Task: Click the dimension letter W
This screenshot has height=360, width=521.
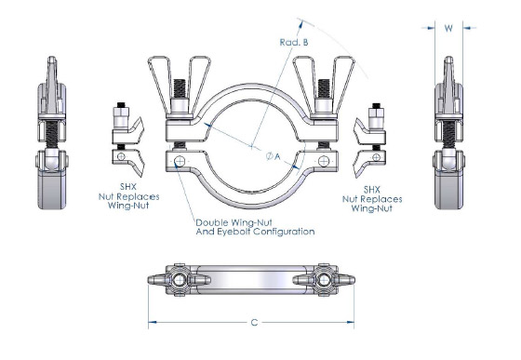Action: click(x=449, y=28)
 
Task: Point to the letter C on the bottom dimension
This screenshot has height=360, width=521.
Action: click(x=252, y=322)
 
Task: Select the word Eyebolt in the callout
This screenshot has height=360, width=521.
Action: click(x=230, y=231)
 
